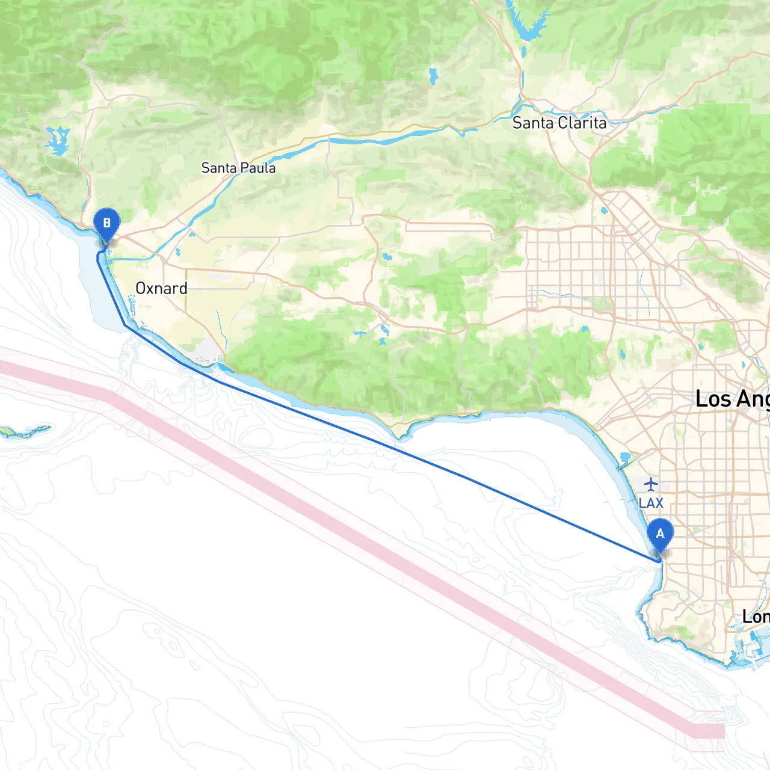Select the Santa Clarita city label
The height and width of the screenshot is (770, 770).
[559, 123]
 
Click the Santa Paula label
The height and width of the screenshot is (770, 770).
[238, 168]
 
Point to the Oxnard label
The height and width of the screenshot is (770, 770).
[161, 288]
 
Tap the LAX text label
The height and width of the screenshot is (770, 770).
[651, 503]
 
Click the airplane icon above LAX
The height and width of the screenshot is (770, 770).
[651, 484]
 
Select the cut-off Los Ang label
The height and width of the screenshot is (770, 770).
[731, 399]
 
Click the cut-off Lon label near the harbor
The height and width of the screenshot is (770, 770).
[755, 617]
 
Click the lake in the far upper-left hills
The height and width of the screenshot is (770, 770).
[57, 141]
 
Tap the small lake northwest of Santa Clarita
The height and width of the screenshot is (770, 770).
[433, 76]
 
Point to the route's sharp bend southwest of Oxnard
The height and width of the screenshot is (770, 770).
[125, 325]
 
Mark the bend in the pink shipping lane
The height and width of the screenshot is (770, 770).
[111, 397]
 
